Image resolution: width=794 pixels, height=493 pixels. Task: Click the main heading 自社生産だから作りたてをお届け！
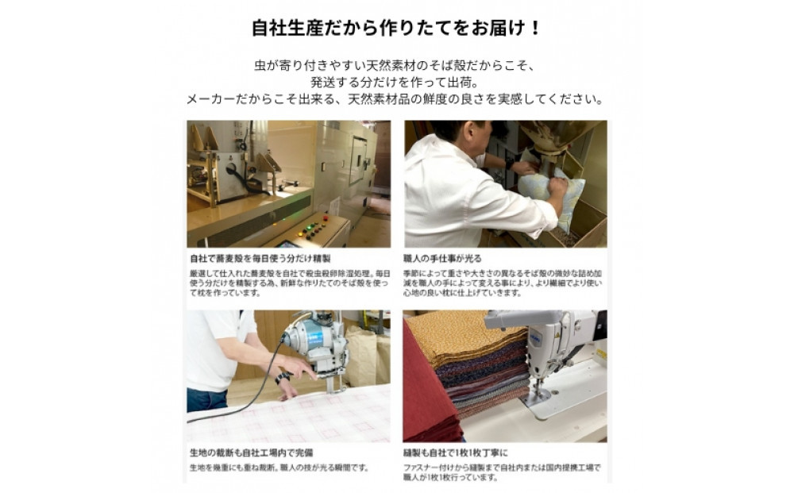[396, 28]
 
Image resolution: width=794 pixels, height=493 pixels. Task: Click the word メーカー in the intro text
[209, 99]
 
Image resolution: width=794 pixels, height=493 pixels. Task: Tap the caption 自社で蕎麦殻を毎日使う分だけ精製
[260, 258]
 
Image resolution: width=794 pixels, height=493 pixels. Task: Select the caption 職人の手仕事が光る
[442, 258]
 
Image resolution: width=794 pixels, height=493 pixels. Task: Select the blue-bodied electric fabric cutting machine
[318, 341]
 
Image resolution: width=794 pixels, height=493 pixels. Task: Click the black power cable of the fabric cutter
[238, 405]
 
